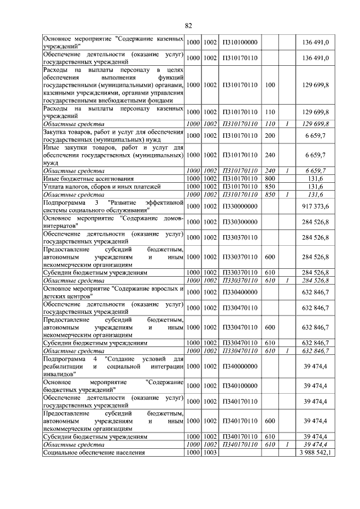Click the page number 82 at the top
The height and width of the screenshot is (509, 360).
[x=188, y=25]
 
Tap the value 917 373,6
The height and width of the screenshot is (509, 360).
[x=316, y=207]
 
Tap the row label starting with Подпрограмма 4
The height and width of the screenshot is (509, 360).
[x=114, y=366]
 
